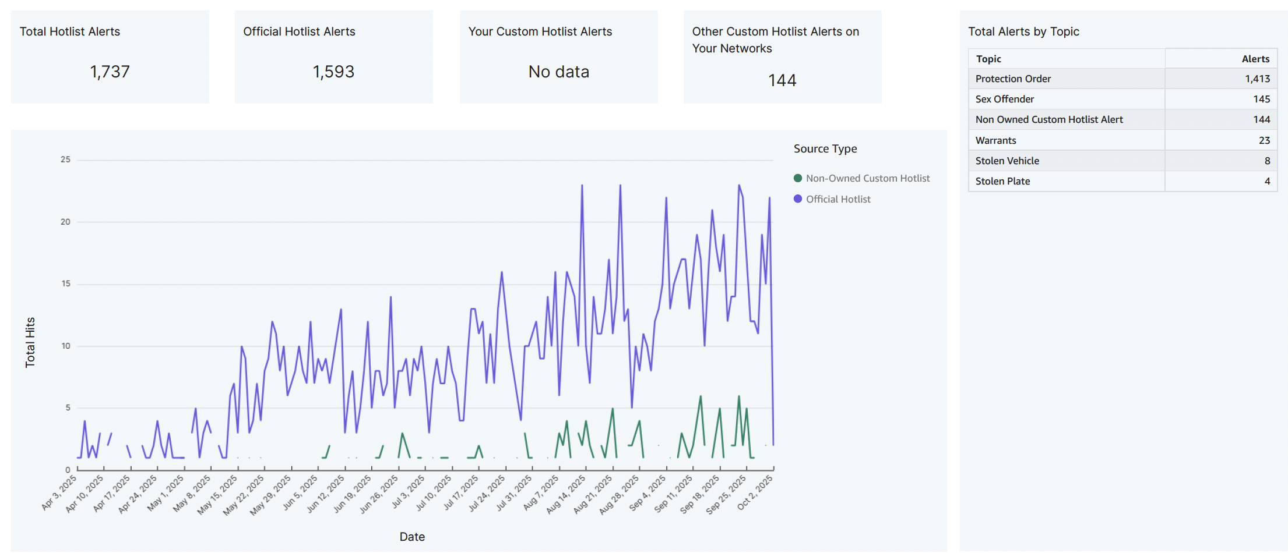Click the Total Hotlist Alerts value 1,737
(x=110, y=72)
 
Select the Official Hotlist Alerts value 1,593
(x=333, y=72)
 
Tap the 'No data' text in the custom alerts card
(x=558, y=72)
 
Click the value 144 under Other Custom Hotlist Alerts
(x=782, y=80)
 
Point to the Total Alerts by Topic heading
(x=1023, y=31)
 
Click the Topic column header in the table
(x=988, y=59)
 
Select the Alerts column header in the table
(x=1255, y=59)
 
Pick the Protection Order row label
(x=1013, y=79)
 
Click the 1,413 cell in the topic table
(x=1257, y=79)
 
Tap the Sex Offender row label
(x=1005, y=99)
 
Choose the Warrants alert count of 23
(x=1264, y=140)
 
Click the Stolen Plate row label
(x=1002, y=181)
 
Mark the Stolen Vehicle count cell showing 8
(x=1266, y=161)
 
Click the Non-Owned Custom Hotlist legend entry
(x=867, y=178)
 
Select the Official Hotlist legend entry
(x=837, y=199)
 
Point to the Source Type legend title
(x=825, y=148)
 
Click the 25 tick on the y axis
(x=65, y=159)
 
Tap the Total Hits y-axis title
(x=30, y=342)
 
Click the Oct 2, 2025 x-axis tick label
(x=755, y=492)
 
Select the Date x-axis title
(x=411, y=537)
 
